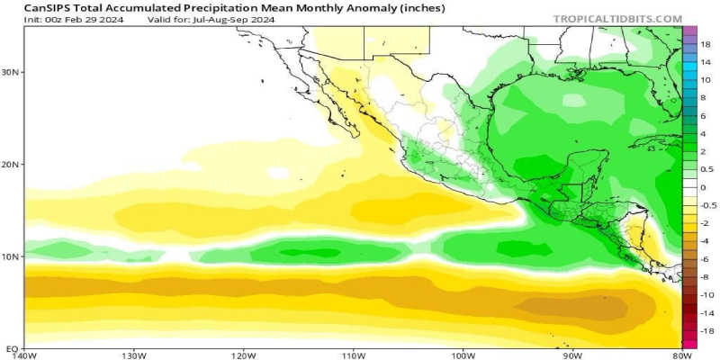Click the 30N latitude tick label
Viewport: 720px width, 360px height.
coord(12,72)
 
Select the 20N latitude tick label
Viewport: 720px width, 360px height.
coord(12,165)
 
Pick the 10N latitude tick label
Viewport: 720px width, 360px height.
coord(12,256)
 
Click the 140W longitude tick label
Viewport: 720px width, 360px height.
coord(24,355)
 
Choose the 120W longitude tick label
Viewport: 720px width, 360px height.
coord(243,355)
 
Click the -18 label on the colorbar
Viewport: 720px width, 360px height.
coord(706,331)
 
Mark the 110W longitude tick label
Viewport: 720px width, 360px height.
coord(353,355)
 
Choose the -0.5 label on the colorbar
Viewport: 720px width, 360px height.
coord(708,205)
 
